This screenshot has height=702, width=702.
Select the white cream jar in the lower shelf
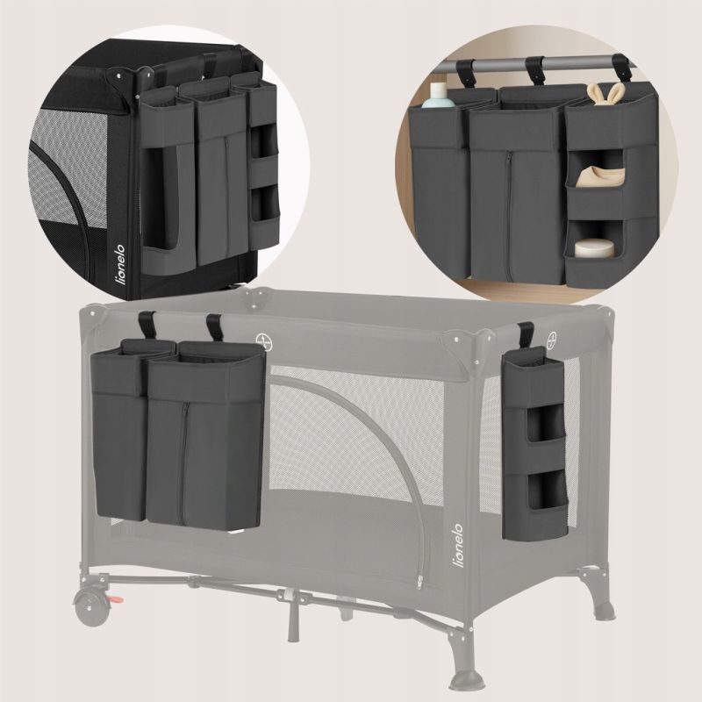(x=595, y=249)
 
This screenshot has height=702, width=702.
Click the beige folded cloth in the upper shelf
(x=596, y=175)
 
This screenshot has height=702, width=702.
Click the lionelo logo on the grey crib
(x=459, y=546)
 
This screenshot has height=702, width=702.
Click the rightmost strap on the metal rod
(x=621, y=69)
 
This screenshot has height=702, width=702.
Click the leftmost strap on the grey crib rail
(x=147, y=325)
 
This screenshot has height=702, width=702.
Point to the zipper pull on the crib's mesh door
(x=421, y=582)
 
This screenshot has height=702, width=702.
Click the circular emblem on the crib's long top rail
(x=262, y=340)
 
